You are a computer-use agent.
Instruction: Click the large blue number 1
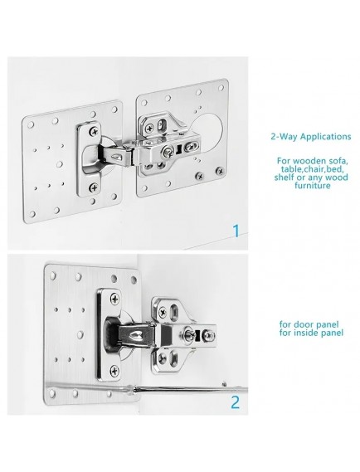pos(236,231)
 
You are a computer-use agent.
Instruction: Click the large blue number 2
pos(236,401)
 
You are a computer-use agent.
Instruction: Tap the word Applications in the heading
pos(326,137)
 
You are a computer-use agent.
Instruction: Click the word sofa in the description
pos(337,160)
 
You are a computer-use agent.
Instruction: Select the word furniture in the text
pos(313,185)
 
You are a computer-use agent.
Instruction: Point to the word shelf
pos(284,177)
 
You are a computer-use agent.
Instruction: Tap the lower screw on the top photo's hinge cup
pos(94,188)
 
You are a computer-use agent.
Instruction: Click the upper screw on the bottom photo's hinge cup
pos(114,299)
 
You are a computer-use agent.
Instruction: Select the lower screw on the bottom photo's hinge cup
pos(114,371)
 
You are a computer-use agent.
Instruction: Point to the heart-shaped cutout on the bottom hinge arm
pos(133,335)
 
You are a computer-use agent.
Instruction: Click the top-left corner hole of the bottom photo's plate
pos(54,275)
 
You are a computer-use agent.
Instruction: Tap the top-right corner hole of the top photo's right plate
pos(221,88)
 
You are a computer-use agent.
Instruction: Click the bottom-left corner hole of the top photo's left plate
pos(32,213)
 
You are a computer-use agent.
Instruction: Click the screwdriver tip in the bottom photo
pos(224,384)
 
